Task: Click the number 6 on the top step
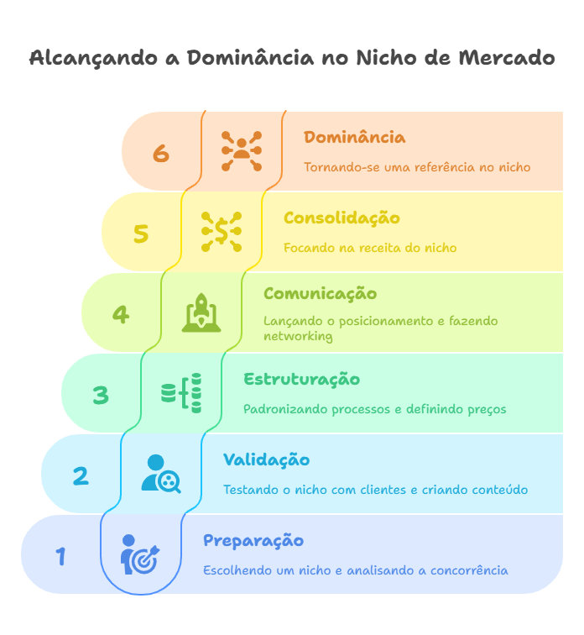(x=161, y=153)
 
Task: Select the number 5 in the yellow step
(x=141, y=234)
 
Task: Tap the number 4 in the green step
(x=121, y=314)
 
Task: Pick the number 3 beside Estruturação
(x=101, y=395)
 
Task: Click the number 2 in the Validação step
(x=81, y=475)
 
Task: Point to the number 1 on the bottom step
(x=60, y=556)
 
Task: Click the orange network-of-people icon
(x=242, y=151)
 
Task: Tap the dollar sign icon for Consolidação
(x=222, y=232)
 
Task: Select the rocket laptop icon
(x=201, y=312)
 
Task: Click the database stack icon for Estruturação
(x=181, y=393)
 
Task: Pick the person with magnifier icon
(x=160, y=474)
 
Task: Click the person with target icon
(x=139, y=554)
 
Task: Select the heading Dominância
(x=354, y=138)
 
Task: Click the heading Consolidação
(x=342, y=218)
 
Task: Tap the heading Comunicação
(x=320, y=294)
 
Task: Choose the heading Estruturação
(x=301, y=380)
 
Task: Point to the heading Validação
(x=266, y=460)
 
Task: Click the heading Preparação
(x=253, y=541)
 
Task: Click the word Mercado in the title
(x=507, y=58)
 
